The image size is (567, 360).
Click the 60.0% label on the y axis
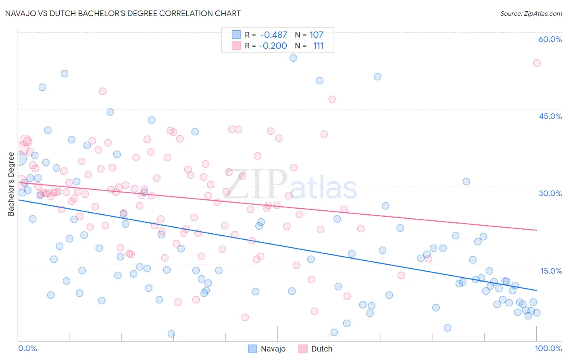tap(550, 39)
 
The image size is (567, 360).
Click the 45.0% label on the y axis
tap(550, 116)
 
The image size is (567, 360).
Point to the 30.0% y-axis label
tap(550, 193)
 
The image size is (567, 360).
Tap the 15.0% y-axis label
tap(551, 271)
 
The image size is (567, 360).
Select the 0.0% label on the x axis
tap(27, 348)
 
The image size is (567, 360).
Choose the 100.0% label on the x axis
tap(548, 348)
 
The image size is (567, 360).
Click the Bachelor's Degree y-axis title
tap(11, 184)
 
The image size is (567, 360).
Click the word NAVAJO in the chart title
tap(23, 13)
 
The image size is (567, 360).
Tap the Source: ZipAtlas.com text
tap(531, 13)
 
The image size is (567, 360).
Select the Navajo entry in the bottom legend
tap(273, 349)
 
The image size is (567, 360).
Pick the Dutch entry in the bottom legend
tap(321, 349)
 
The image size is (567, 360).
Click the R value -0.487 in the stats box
tap(273, 35)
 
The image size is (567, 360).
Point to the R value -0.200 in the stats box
tap(273, 46)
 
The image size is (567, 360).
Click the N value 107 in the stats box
tap(316, 35)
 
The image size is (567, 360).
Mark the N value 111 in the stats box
tap(318, 46)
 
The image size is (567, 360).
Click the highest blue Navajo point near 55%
tap(293, 58)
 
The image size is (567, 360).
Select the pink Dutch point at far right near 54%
tap(536, 63)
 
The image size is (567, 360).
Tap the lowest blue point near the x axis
tap(171, 334)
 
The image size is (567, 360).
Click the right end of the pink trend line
tap(536, 230)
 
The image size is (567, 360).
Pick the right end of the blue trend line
tap(536, 290)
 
